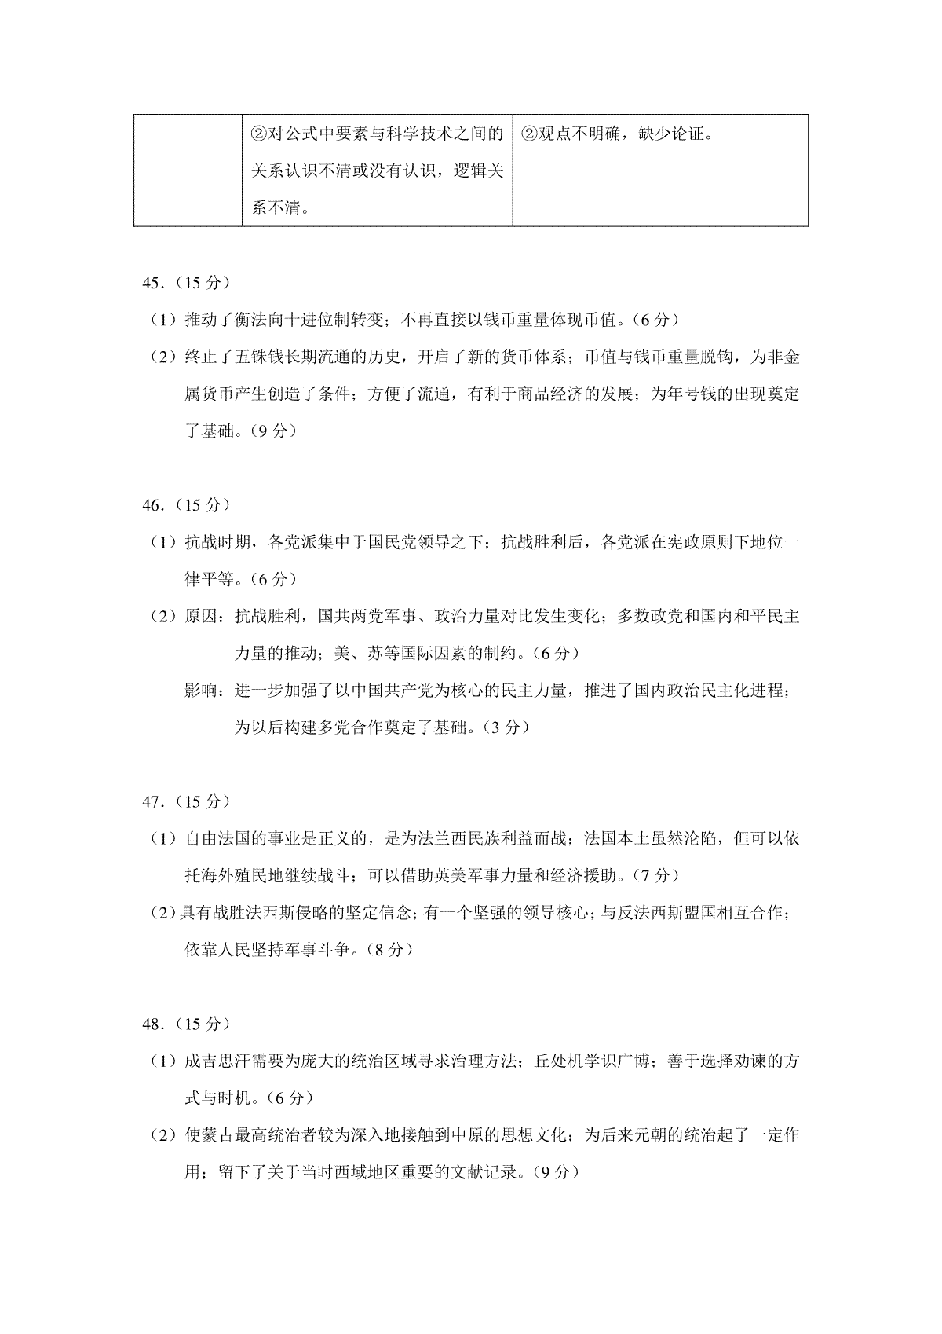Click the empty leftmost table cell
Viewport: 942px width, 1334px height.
point(188,170)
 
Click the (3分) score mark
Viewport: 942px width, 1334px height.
point(506,727)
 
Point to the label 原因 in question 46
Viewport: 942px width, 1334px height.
point(202,616)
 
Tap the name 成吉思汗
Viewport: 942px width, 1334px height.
point(218,1061)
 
